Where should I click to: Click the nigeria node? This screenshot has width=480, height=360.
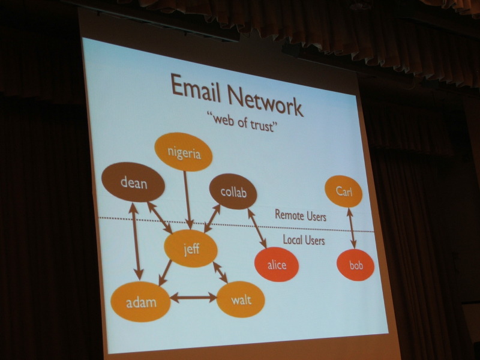coord(184,152)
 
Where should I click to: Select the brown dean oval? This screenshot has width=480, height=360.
coord(133,182)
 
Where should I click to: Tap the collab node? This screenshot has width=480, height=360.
coord(233,191)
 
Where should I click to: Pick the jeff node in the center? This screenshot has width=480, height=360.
coord(191,248)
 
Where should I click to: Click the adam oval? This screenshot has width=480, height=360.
coord(140,302)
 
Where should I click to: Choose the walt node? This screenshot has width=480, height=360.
coord(241,299)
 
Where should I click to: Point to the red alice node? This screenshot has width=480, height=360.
coord(277,264)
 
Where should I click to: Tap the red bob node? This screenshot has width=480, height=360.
coord(355,265)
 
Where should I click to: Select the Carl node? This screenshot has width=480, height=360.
coord(343,191)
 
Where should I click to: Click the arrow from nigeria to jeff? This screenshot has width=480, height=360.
coord(188,200)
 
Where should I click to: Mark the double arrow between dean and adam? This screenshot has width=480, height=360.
coord(136,241)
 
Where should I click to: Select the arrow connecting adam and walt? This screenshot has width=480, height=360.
coord(193,297)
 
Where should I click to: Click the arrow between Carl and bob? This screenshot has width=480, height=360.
coord(351,229)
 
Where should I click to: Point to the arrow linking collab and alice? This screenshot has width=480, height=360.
coord(257,228)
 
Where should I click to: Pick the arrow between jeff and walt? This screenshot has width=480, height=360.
coord(220,272)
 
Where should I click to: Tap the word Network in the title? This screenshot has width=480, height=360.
coord(265,100)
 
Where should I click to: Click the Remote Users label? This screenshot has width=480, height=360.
coord(301,215)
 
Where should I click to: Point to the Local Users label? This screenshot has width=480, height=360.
coord(304,239)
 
